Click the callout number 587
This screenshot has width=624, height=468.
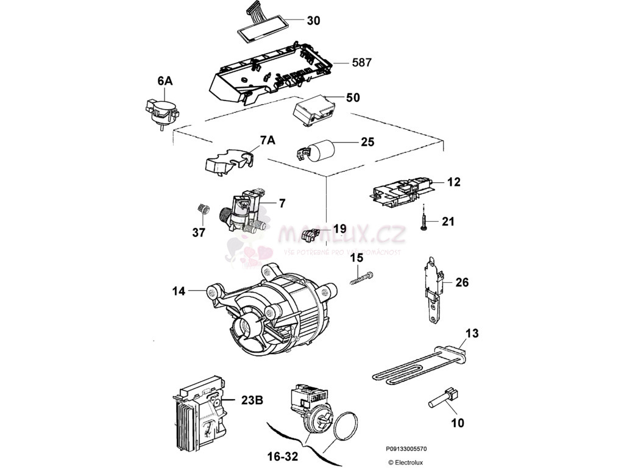[x=361, y=62]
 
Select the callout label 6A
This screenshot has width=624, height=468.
[x=165, y=80]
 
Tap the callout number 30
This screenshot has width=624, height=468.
[x=313, y=20]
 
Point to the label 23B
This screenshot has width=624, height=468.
[x=252, y=400]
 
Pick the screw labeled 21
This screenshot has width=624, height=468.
[x=422, y=221]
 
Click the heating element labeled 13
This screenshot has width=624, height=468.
[x=420, y=368]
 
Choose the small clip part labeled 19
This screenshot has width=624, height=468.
[x=313, y=233]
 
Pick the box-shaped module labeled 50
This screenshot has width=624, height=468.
[x=314, y=111]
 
